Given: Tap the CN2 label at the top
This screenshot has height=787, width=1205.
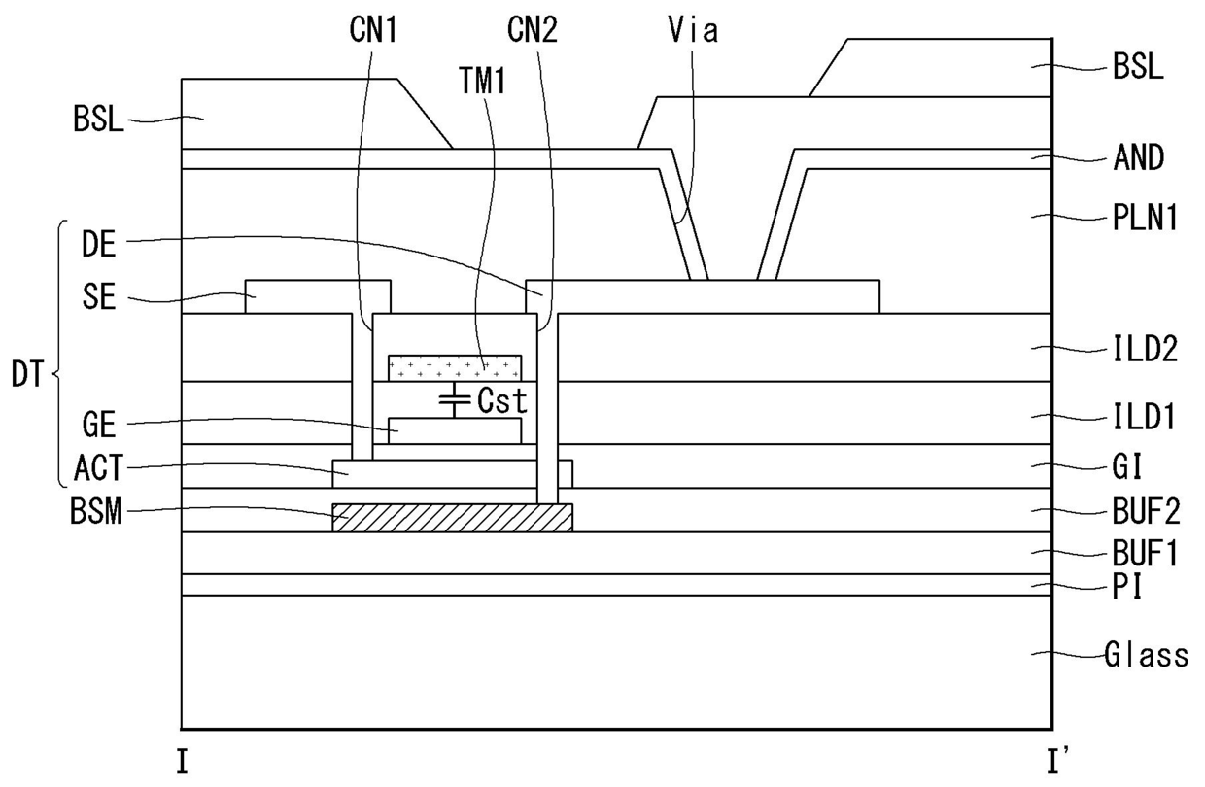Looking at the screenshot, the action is coord(533,30).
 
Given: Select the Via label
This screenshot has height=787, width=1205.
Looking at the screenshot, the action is coord(693,30).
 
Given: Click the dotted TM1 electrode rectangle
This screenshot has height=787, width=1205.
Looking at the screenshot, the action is coord(454,367).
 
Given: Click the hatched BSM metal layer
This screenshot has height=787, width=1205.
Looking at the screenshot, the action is coord(452,518).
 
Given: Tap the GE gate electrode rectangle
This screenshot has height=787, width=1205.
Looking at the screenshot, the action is coord(454,429).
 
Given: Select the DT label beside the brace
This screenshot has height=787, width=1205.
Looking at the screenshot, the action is coord(28,374).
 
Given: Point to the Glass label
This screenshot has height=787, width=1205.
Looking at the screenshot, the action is coord(1146,656).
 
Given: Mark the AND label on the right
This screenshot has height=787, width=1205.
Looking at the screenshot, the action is coord(1138,157).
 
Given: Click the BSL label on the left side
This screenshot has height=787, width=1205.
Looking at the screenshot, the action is coord(98,120).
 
